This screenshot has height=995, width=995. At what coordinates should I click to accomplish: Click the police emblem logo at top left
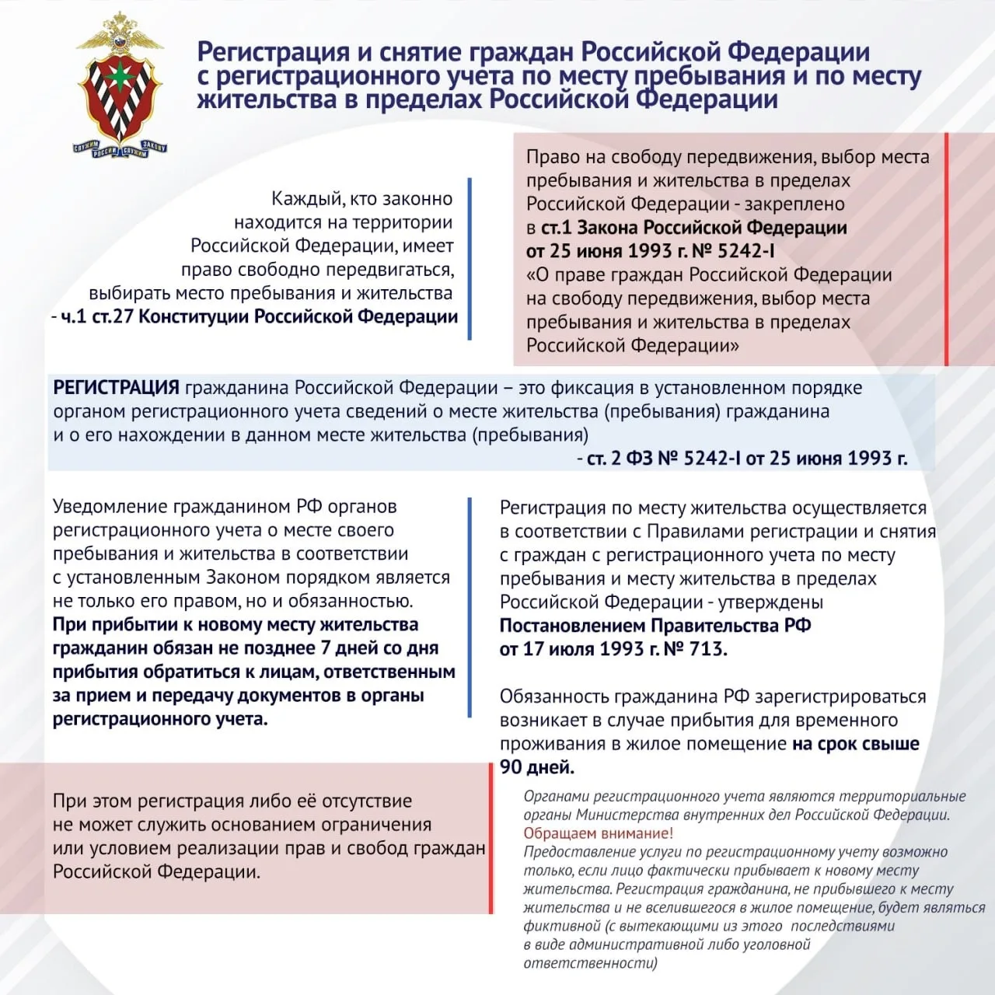coord(120,84)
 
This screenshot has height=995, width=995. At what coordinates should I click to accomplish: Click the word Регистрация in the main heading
coord(273,52)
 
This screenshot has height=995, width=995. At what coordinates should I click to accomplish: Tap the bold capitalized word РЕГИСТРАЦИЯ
coord(116,387)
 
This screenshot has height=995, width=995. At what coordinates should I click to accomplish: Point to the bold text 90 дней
coord(536,767)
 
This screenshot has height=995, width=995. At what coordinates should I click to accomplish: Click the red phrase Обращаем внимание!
coord(598,833)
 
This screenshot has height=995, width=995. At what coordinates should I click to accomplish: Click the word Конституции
coord(194,317)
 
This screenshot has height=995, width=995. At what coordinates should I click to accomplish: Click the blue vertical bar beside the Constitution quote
coord(470,259)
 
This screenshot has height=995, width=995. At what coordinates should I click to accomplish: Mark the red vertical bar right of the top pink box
coord(946,249)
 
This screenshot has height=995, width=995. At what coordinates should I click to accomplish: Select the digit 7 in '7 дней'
coord(326,648)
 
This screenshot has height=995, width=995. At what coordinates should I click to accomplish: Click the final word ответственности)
coord(590,964)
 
